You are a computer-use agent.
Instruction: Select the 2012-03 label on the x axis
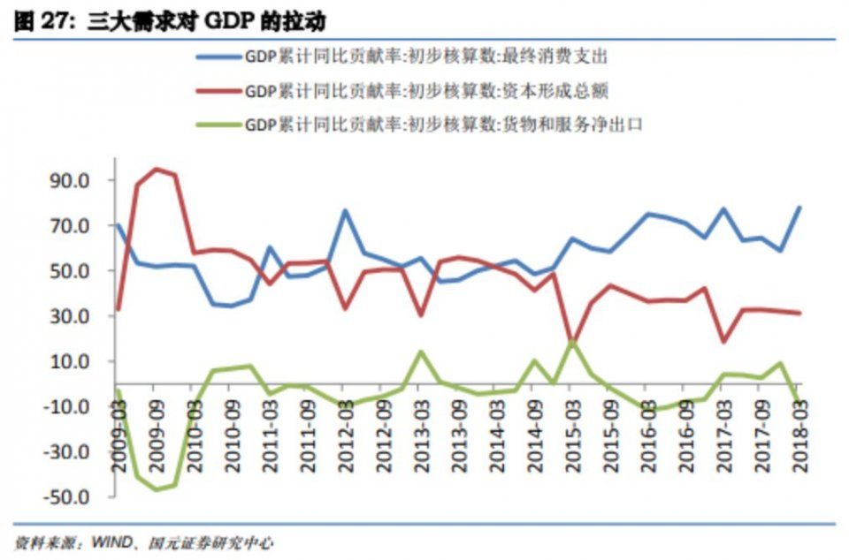[344, 433]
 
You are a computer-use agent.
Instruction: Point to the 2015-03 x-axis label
[571, 433]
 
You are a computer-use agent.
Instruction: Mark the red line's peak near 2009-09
[156, 169]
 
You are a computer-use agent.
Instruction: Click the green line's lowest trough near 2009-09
[156, 489]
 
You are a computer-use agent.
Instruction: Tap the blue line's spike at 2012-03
[345, 210]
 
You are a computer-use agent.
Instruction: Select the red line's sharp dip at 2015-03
[572, 341]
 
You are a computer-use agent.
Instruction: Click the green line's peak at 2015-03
[572, 340]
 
